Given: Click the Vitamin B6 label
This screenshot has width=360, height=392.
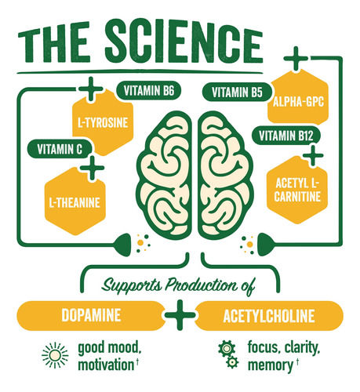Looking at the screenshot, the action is pos(148,91).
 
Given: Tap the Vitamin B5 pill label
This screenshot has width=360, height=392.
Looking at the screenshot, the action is pos(237,93).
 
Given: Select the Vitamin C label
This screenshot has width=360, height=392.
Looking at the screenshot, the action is pos(60,149).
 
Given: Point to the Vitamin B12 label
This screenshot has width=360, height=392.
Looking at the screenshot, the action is pos(286,136).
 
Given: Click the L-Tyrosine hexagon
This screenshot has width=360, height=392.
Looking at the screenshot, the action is pos(103,122).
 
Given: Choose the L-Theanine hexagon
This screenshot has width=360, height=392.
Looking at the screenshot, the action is pos(75,202).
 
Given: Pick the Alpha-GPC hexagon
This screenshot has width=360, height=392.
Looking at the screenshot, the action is pos(298,101).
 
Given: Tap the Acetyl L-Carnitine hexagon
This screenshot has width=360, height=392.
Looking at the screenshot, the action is pos(297,190).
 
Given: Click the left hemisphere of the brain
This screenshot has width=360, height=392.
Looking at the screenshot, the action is pos(165,175).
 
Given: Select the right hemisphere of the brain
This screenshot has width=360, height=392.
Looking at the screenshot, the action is pos(225,175).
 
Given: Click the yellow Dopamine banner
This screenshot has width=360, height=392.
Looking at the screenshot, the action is pos(91,315).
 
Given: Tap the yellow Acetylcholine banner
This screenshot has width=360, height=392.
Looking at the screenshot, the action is pos(269,316).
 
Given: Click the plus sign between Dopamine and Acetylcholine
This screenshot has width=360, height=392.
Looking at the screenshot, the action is pos(180,315).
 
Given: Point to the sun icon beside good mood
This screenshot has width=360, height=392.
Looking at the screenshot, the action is pos(55,355).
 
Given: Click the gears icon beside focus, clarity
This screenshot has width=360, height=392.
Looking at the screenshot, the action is pos(228,354).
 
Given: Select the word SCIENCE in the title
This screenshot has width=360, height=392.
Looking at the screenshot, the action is pos(184,41).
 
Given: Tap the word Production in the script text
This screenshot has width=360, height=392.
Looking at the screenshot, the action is pos(202,285).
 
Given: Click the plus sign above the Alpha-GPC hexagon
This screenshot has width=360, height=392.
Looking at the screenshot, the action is pos(296,59).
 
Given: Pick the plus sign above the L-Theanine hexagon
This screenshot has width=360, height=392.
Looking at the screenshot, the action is pos(92,168).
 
